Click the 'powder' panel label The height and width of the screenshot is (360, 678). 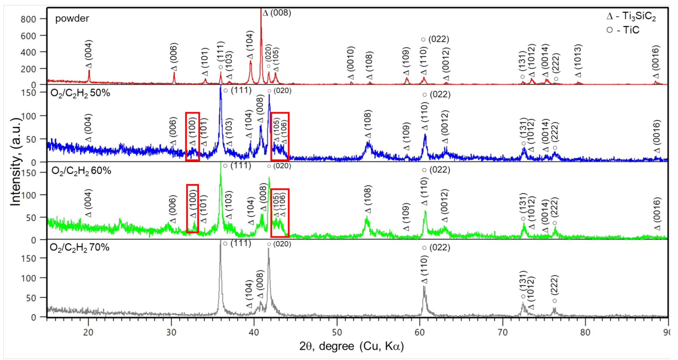coord(72,18)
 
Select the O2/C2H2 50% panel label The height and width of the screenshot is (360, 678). coord(80,93)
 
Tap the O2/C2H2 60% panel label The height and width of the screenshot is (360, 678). coord(81,171)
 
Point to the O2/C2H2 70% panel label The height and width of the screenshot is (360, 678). coord(79,247)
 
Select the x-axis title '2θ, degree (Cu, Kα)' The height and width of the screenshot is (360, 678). coord(351,346)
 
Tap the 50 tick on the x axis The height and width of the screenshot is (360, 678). coord(337,332)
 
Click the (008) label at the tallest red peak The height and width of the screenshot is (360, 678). coord(277,13)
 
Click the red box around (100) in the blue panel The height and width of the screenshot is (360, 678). coord(192,136)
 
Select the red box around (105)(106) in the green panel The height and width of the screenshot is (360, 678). coord(280,213)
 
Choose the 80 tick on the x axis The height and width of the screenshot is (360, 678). coord(585,332)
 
